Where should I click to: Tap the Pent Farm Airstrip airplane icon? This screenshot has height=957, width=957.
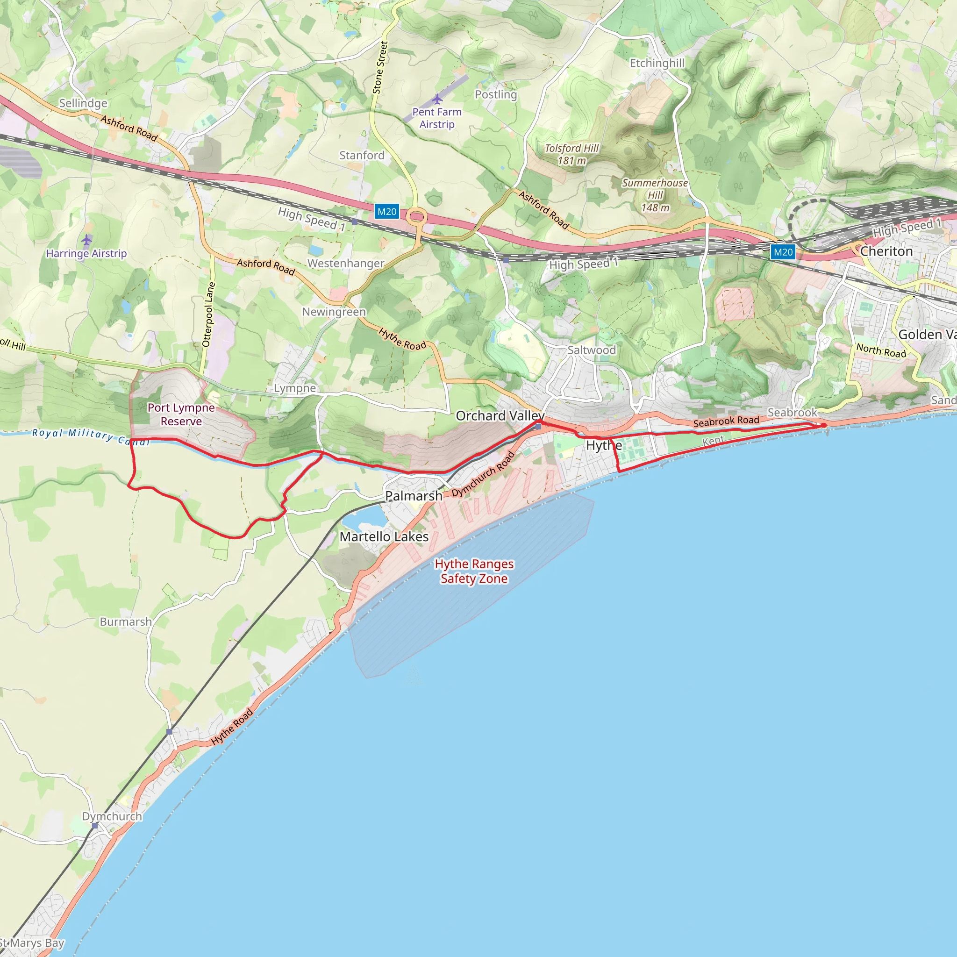pos(437,99)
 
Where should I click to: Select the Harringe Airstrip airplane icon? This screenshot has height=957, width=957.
pos(86,240)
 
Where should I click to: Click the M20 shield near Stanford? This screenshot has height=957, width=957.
pos(386,212)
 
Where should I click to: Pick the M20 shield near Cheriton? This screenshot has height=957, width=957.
pos(783,252)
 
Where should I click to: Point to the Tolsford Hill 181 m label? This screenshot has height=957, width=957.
pos(571,154)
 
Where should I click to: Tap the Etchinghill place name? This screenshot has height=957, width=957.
pos(657,63)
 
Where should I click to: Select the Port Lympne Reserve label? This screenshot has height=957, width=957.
pos(181,414)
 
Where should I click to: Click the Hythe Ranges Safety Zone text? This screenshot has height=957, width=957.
pos(474,571)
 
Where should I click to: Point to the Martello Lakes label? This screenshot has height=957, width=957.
pos(384,536)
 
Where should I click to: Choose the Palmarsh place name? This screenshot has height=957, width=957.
pos(414,496)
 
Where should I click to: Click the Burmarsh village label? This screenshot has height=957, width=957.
pos(126,621)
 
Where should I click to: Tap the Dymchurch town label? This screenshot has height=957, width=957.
pos(112,816)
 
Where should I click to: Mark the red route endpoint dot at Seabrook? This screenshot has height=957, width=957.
pos(824,426)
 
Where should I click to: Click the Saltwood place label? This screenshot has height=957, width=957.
pos(592,350)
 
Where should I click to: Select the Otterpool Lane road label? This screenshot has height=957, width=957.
pos(208,314)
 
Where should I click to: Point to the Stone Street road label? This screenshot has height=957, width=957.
pos(380,67)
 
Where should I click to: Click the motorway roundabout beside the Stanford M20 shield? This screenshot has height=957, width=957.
pos(417,216)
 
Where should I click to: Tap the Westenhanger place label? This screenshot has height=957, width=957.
pos(346,264)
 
